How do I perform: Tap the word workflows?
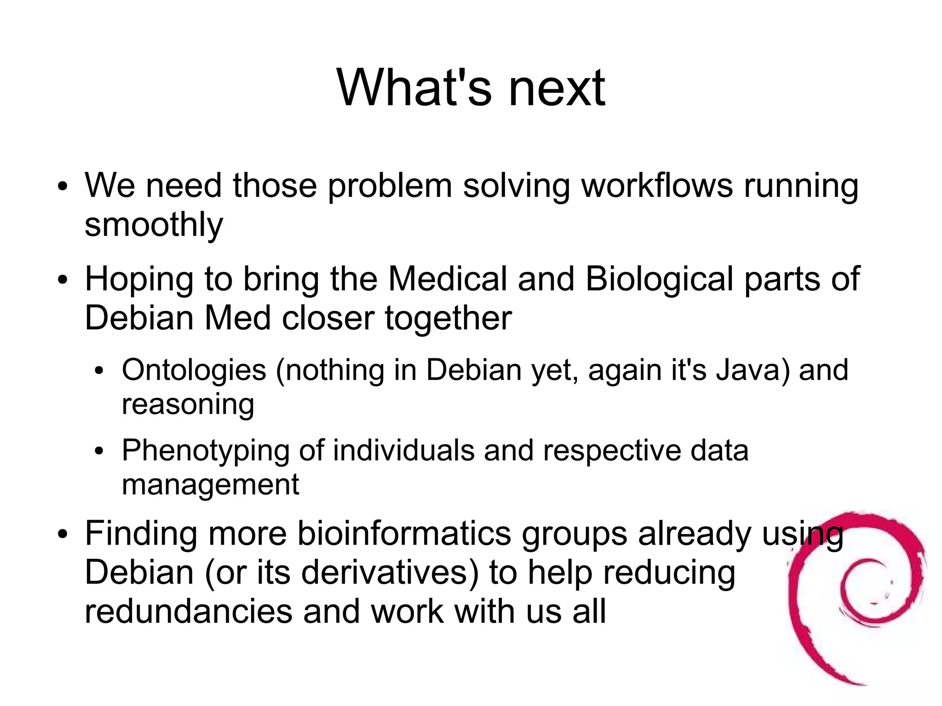[657, 186]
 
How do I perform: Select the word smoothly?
[154, 225]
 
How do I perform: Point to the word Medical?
[448, 279]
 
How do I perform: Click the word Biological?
[659, 280]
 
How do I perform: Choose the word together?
[448, 318]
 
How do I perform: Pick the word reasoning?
[188, 405]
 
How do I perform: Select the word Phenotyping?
[206, 451]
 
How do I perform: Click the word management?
[210, 485]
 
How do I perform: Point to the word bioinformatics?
[404, 534]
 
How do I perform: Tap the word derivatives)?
[390, 573]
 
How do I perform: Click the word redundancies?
[189, 612]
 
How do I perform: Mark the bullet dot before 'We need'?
[63, 187]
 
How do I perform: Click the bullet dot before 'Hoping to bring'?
[63, 280]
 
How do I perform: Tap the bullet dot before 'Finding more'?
[63, 534]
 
